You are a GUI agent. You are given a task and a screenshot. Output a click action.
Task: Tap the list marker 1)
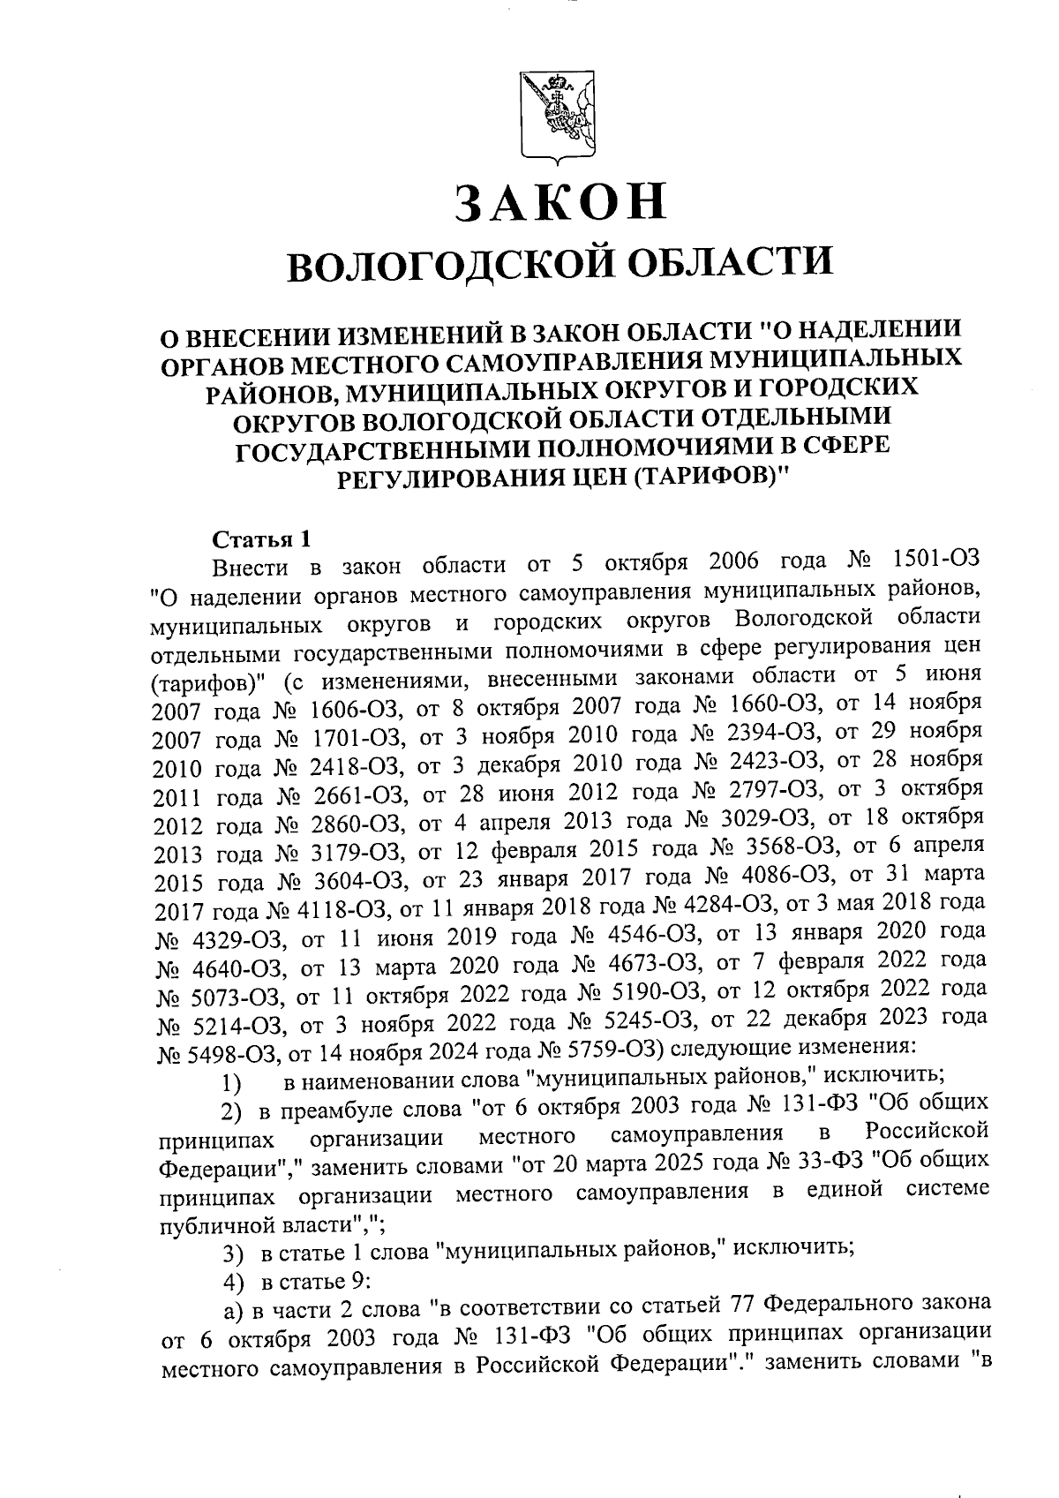pos(231,1080)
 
